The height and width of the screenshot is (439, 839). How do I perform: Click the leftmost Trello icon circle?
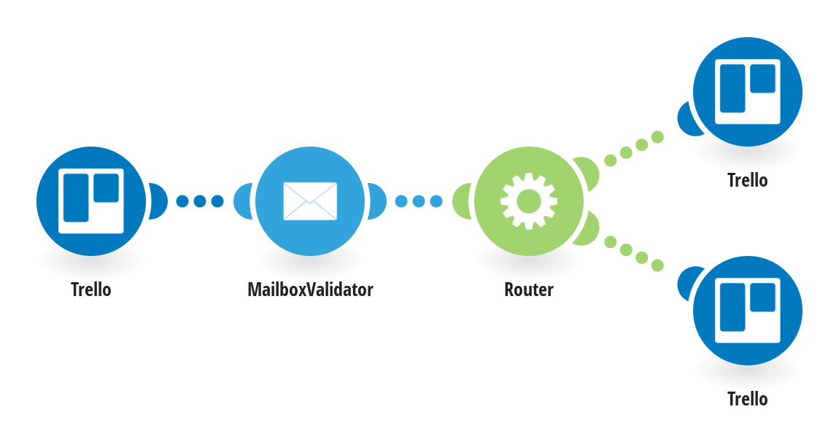(x=91, y=201)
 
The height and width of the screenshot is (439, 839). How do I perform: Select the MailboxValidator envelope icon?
(x=310, y=201)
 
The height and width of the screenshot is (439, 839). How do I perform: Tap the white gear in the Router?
(x=529, y=201)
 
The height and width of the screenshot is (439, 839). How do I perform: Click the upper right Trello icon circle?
(x=747, y=92)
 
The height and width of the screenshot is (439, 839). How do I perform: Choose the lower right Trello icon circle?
(x=747, y=310)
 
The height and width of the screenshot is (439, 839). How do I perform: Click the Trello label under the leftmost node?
(x=91, y=290)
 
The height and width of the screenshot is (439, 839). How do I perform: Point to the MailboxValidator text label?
(x=310, y=290)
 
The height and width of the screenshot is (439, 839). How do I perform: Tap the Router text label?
(x=529, y=290)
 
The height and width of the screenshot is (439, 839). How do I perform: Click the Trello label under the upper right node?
(x=747, y=180)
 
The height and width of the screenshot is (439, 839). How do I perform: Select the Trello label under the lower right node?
(x=747, y=399)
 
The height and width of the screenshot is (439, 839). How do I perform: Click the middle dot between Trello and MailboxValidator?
(x=200, y=201)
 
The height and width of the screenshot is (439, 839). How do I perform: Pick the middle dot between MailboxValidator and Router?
(x=419, y=201)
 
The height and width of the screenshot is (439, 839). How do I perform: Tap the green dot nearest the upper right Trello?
(x=657, y=136)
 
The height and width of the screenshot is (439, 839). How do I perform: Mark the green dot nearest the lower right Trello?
(x=657, y=265)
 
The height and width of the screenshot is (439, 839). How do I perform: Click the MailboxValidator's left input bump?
(x=244, y=201)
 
